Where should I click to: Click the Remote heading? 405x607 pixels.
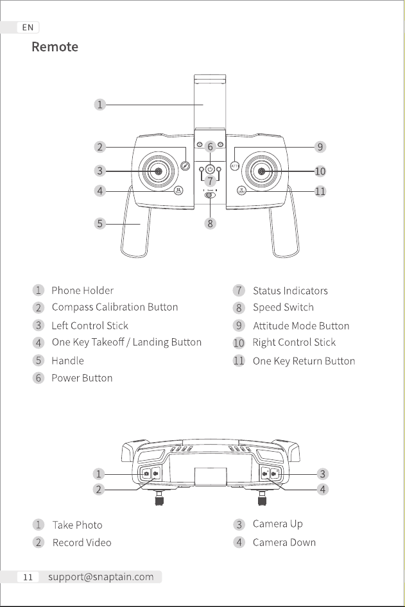(55, 47)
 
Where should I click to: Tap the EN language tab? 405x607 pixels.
(28, 28)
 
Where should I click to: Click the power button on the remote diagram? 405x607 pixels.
(211, 169)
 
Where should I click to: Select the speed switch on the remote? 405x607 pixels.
(211, 194)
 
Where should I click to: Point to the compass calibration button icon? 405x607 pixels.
(185, 166)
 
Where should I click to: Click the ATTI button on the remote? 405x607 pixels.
(235, 166)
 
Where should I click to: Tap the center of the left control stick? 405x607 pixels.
(159, 171)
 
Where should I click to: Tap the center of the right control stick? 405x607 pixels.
(262, 171)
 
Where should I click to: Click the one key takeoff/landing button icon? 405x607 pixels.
(178, 191)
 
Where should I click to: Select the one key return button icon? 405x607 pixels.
(241, 191)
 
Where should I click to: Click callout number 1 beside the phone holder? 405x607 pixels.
(100, 105)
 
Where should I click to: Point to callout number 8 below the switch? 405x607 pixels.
(211, 223)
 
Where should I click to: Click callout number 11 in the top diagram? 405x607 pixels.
(320, 191)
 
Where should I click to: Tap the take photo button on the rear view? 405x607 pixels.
(146, 474)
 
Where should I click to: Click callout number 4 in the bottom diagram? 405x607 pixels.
(323, 490)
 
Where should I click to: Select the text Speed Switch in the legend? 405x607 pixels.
(283, 307)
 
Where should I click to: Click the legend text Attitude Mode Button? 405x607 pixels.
(301, 326)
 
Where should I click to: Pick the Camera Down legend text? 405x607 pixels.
(284, 542)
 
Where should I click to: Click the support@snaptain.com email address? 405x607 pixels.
(101, 577)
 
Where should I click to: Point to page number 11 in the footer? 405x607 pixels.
(28, 577)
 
